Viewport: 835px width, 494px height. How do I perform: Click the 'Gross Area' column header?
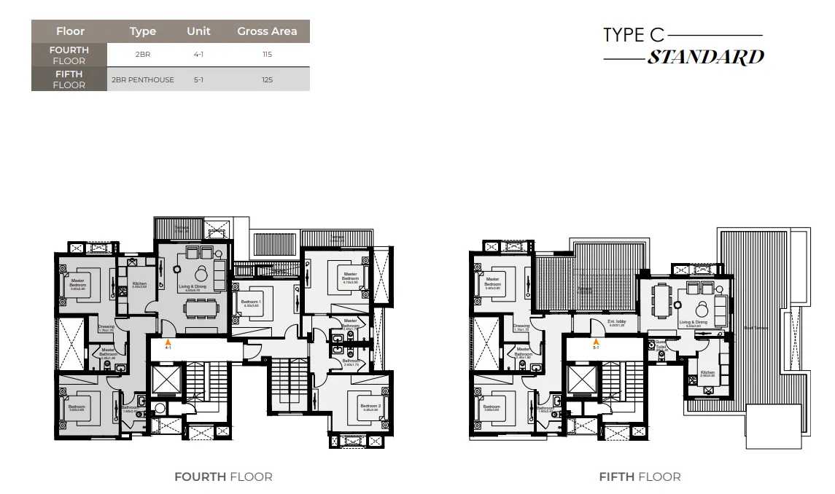coord(267,31)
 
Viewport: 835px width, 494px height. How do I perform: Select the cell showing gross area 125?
coord(267,79)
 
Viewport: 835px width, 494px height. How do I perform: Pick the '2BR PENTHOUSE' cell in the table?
coord(143,79)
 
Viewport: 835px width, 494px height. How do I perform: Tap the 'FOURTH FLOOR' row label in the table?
coord(69,55)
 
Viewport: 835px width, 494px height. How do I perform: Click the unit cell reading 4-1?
coord(198,55)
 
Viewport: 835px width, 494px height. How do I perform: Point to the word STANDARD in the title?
coord(705,58)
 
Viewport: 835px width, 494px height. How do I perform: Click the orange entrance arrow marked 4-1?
coord(168,341)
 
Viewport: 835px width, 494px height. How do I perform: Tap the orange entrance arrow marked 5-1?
coord(596,341)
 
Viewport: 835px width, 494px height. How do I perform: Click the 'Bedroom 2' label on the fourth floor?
coord(370,407)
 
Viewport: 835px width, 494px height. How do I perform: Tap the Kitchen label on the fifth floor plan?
coord(707,373)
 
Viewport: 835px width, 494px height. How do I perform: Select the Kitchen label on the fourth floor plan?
coord(139,284)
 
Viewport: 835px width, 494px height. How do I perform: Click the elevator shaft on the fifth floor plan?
coord(581,380)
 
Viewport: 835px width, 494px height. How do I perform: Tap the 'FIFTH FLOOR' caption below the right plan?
coord(640,477)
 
